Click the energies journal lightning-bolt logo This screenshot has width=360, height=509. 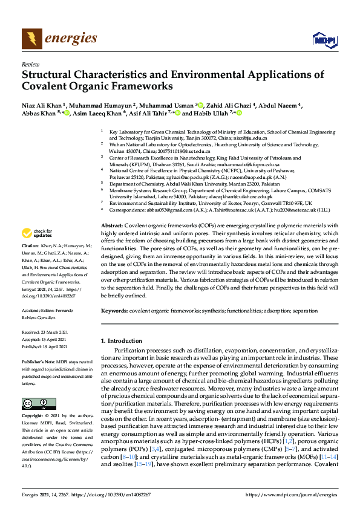click(32, 39)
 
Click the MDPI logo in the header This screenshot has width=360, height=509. click(324, 40)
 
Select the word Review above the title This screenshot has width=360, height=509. click(30, 63)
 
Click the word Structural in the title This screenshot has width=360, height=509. click(50, 75)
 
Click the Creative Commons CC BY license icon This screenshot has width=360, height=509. click(34, 403)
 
